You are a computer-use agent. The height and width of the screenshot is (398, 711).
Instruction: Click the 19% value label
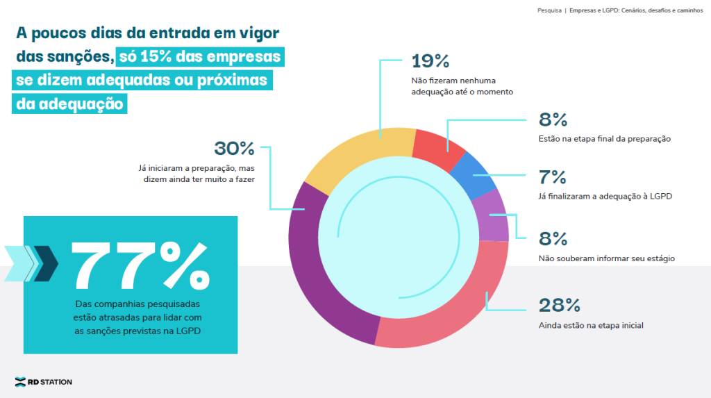point(430,61)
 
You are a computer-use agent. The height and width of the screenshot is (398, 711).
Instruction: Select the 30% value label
point(234,149)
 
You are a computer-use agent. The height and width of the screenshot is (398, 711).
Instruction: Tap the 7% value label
point(553,178)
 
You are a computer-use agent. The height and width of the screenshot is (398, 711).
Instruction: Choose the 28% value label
point(559,305)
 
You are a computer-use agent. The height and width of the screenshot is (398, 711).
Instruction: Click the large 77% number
point(139,265)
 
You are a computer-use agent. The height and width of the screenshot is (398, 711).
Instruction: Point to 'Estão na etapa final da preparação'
point(604,138)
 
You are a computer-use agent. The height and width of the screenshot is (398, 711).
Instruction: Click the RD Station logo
point(43,381)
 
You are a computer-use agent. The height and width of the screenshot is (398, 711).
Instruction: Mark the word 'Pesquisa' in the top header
point(550,10)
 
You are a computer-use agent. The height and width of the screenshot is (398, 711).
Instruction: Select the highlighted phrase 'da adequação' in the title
point(72,104)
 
